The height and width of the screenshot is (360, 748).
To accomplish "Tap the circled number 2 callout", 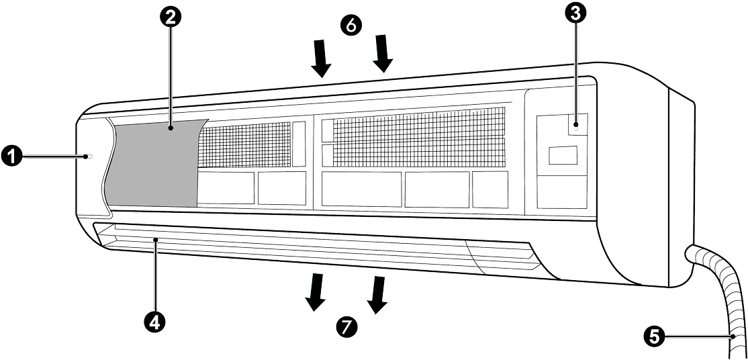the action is click(171, 19).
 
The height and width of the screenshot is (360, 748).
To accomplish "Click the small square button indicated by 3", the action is click(576, 124).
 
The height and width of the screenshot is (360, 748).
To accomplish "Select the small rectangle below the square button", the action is click(561, 156).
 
